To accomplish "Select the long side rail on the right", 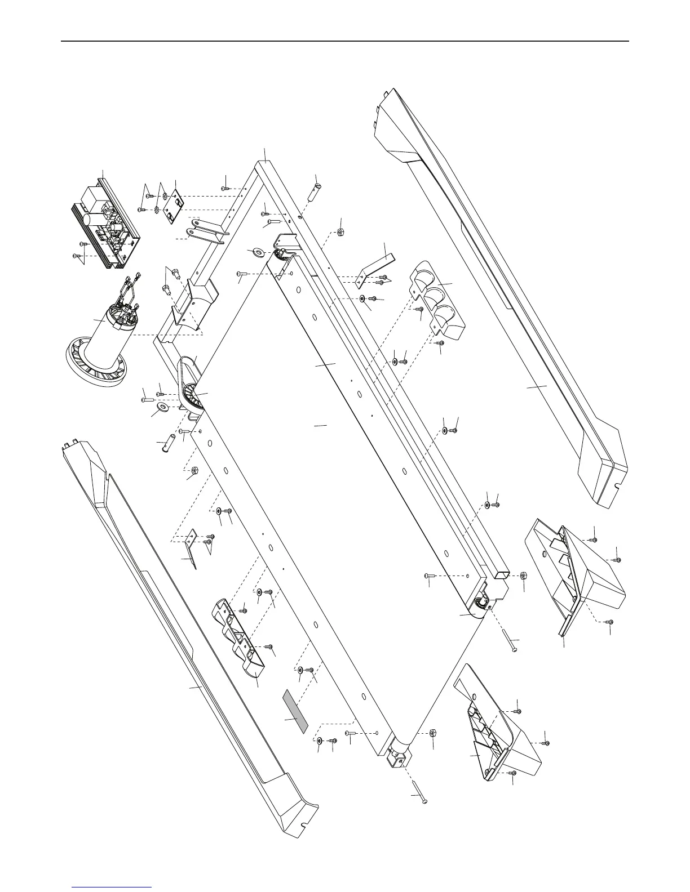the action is coord(507,315).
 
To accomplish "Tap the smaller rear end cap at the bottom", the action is coord(496,726).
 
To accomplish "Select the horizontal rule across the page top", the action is coord(345,41).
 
